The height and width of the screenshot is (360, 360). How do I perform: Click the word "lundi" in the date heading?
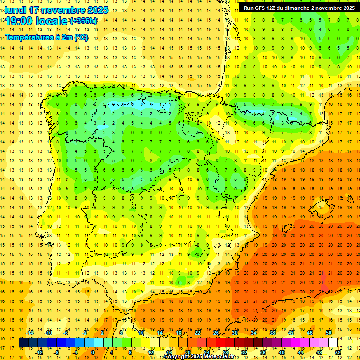point(15,10)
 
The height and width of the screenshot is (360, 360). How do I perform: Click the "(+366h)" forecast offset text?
point(83,21)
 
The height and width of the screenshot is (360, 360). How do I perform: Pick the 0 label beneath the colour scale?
point(93,352)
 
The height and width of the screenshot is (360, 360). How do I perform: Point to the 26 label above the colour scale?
point(216,333)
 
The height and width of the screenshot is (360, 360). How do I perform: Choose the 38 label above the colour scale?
point(272,333)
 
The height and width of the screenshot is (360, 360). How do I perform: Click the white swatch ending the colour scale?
point(333,343)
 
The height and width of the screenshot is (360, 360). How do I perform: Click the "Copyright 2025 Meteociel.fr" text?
point(199,357)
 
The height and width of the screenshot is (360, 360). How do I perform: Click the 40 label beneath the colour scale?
point(282,352)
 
